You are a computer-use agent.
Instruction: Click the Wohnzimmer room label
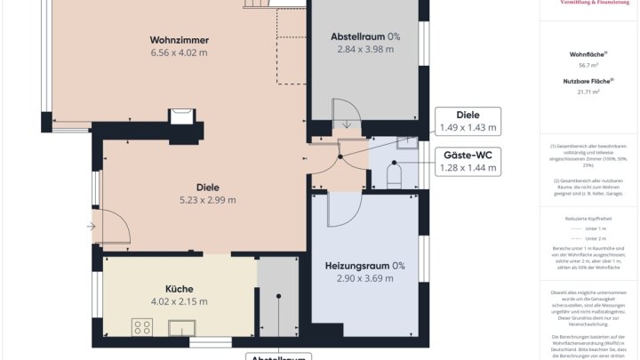click(179, 40)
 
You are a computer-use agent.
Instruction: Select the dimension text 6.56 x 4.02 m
click(179, 52)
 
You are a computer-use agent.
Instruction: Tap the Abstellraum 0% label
click(365, 36)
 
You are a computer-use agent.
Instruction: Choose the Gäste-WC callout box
click(468, 161)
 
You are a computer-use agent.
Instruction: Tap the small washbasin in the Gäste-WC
click(407, 142)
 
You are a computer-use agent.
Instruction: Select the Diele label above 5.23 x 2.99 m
click(208, 188)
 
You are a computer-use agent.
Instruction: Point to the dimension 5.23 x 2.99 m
click(208, 200)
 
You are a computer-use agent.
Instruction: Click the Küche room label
click(179, 289)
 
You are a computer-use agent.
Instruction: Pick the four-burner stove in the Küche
click(142, 327)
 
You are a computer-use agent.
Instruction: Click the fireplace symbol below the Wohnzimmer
click(181, 115)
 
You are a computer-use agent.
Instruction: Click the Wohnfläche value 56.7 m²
click(588, 65)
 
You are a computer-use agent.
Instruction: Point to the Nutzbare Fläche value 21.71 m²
click(588, 92)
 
